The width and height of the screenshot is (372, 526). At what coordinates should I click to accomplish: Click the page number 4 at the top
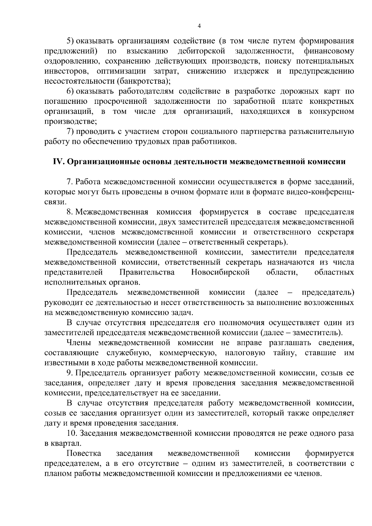point(199,26)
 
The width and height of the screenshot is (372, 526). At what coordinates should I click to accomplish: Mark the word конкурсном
point(331,112)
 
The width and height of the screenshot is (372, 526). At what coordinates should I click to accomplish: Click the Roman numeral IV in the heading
point(58,162)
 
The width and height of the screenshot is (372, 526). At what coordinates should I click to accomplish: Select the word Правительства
point(147,272)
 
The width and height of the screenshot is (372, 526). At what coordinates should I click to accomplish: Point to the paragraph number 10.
point(72,433)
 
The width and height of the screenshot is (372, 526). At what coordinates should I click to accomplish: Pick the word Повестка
point(84,454)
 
